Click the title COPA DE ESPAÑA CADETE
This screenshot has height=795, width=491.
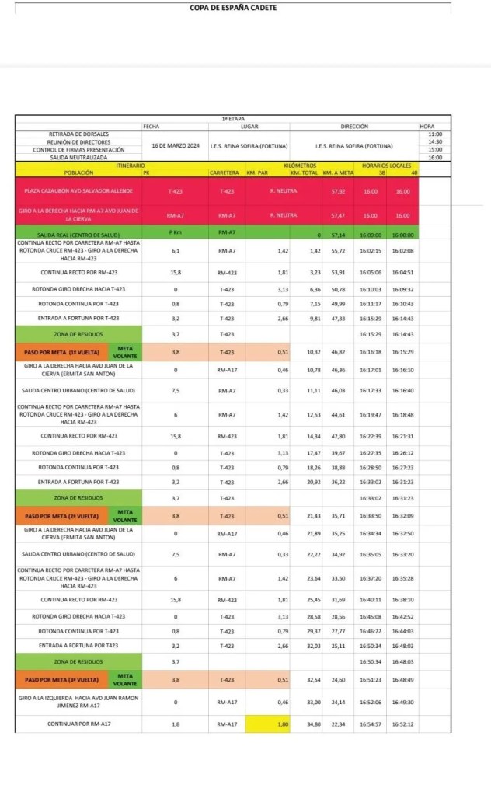(233, 8)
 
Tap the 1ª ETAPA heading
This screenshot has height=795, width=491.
(233, 119)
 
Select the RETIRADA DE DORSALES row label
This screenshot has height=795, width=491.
(78, 134)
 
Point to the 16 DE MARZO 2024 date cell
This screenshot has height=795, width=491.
(176, 145)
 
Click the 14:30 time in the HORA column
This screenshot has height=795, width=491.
(434, 141)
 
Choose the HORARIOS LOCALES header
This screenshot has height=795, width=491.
(388, 165)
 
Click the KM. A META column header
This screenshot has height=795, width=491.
(338, 172)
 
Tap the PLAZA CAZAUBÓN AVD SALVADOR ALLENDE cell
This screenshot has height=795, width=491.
(78, 190)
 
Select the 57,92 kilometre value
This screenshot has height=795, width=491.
(338, 190)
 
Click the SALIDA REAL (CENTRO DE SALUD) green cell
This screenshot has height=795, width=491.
(78, 234)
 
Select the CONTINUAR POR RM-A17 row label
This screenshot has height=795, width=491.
(78, 724)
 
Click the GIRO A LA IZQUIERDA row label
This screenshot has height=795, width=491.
(78, 702)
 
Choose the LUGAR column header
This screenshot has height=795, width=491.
(249, 126)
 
